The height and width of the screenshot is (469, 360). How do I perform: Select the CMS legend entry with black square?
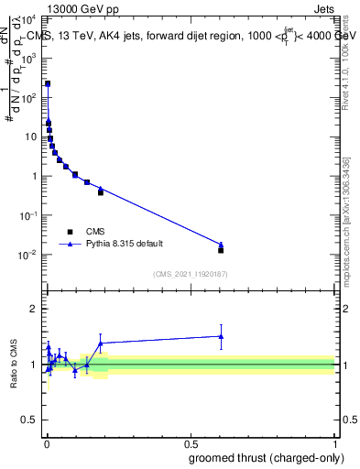[x=70, y=232]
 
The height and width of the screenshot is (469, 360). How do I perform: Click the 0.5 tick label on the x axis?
[x=191, y=443]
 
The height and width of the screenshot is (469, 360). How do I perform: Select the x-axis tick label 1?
[x=335, y=443]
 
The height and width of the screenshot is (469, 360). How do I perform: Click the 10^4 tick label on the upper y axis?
[x=30, y=18]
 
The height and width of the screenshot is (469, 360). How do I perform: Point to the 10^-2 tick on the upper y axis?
[x=30, y=255]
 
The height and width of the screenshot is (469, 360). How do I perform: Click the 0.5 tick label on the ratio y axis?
[x=30, y=422]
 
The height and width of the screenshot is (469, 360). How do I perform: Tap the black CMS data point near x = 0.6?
[x=221, y=249]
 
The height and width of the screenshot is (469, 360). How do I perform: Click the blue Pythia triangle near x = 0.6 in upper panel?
[x=221, y=244]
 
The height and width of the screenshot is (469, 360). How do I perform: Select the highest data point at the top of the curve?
[x=48, y=83]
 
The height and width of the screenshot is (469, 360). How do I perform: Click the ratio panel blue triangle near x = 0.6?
[x=221, y=336]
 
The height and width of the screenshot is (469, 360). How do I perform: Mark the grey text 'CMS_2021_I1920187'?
[x=190, y=273]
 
